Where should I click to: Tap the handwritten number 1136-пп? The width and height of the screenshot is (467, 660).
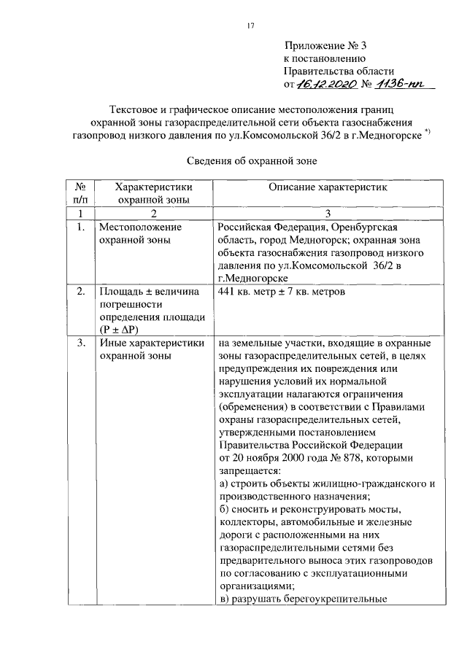(404, 85)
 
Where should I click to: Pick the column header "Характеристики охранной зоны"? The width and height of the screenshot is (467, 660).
(153, 193)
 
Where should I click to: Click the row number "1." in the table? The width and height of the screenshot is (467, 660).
(80, 227)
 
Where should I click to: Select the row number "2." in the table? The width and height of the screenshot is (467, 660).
(80, 292)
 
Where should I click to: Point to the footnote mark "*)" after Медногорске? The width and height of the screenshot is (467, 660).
(426, 132)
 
